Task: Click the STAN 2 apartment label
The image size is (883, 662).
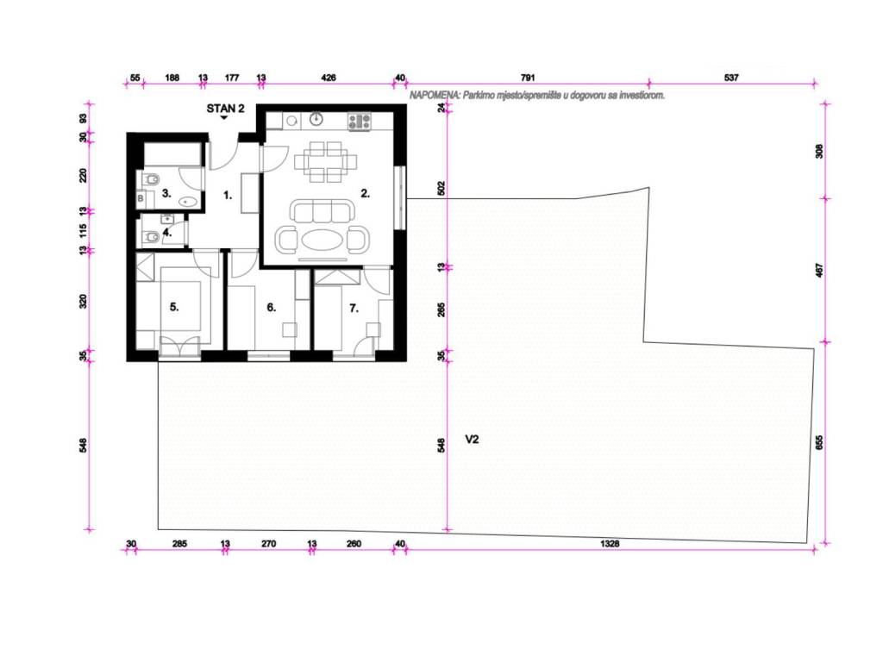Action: [x=225, y=109]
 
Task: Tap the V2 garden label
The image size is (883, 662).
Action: [x=472, y=439]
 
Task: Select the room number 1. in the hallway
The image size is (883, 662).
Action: [x=228, y=196]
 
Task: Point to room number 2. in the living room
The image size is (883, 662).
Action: [x=366, y=193]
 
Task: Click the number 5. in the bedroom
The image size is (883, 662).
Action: [x=174, y=307]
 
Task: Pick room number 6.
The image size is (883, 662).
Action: [x=272, y=308]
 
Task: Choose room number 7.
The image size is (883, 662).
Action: [x=354, y=308]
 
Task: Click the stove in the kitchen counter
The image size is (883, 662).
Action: [x=360, y=122]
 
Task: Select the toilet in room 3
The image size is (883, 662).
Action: [x=150, y=179]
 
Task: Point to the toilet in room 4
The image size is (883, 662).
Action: [x=150, y=238]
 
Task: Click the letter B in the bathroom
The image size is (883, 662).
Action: [x=141, y=198]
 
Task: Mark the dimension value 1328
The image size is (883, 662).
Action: [x=610, y=544]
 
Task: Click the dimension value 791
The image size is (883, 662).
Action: [x=528, y=78]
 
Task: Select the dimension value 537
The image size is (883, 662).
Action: [x=731, y=78]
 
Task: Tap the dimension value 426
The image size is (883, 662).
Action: [x=329, y=78]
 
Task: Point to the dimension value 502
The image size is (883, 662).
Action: [x=441, y=188]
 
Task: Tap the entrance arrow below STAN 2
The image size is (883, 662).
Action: [x=224, y=117]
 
